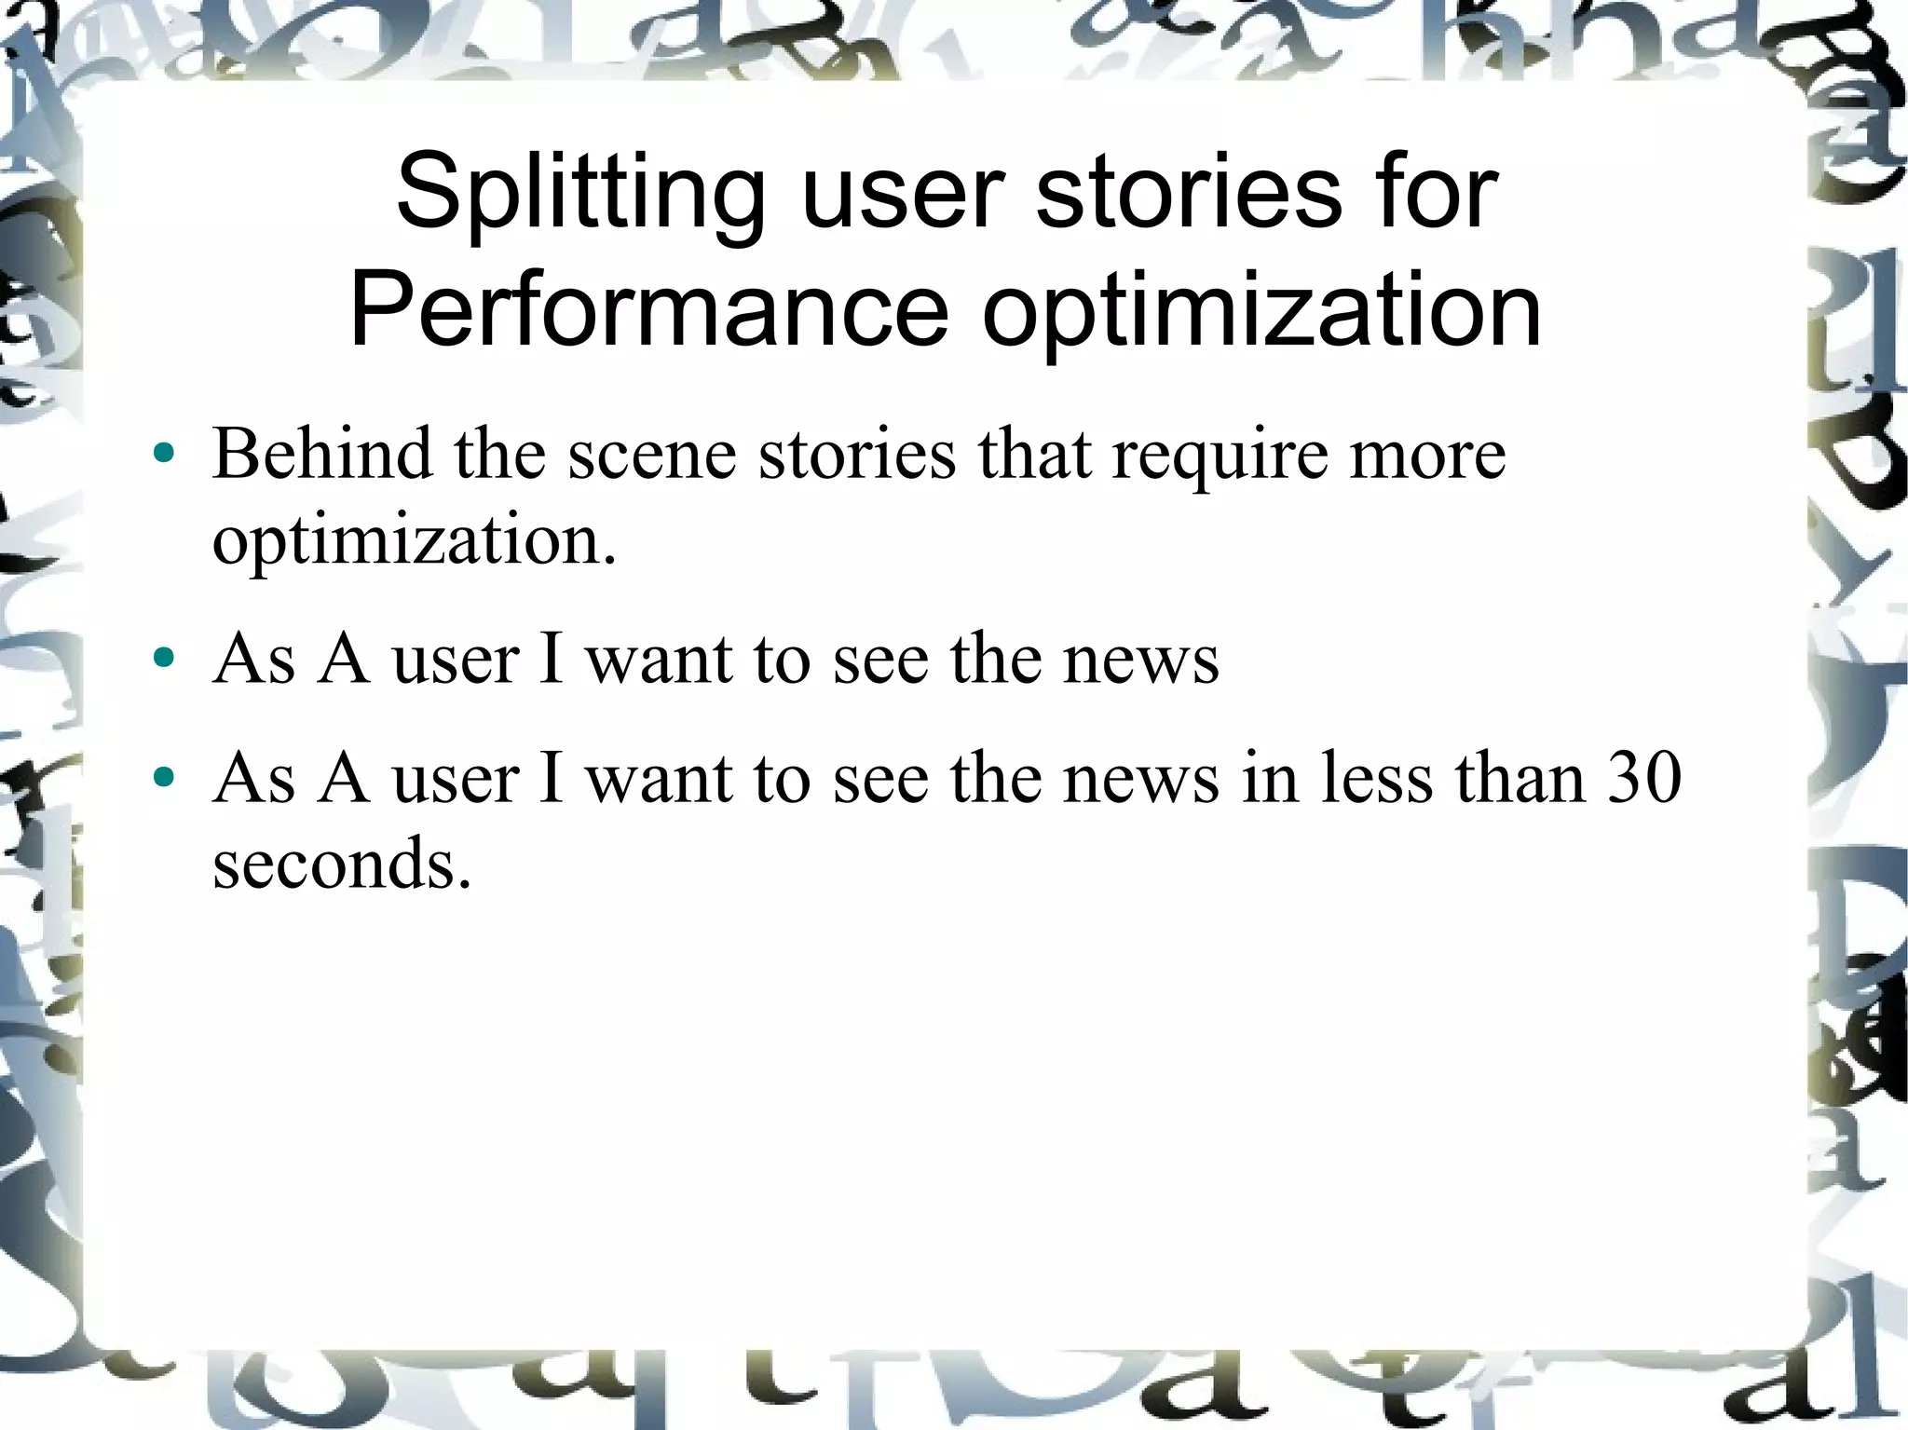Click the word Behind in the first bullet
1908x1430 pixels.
(x=322, y=454)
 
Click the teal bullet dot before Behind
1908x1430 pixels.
(x=165, y=455)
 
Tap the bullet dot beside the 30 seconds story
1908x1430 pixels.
(x=165, y=777)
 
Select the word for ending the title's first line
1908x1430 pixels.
(x=1440, y=194)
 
